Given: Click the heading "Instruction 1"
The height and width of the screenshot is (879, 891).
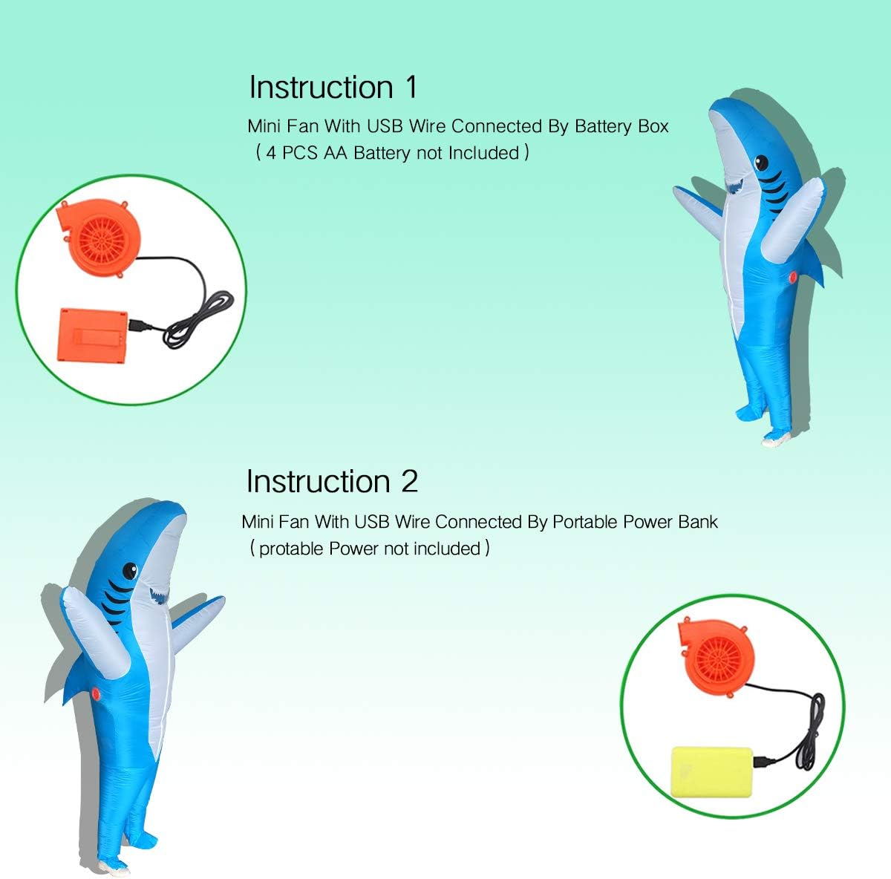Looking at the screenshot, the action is coord(333,87).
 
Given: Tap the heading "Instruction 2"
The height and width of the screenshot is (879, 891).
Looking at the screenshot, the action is coord(332,481).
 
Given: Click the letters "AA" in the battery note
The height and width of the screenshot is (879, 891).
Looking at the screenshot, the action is coord(335,153).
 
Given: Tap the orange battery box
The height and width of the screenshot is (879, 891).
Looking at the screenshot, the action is coord(92,336).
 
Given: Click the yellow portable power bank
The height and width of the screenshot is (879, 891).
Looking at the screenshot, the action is coord(711,772).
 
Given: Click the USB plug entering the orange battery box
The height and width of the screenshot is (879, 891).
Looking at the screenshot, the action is coord(139,325).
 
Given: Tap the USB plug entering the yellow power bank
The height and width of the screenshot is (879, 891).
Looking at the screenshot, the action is coord(764,762).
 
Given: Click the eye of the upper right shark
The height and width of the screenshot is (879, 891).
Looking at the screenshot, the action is coord(762,163).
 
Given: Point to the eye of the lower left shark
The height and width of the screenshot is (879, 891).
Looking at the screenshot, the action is coord(130,571).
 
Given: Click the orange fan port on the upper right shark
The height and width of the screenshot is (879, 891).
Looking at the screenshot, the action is coord(794,278).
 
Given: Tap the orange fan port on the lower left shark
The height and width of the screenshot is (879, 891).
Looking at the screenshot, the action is coord(96,693).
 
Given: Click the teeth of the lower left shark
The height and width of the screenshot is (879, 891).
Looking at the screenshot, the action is coord(160,595).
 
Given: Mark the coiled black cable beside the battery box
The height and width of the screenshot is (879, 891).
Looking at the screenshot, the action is coord(198,319).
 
